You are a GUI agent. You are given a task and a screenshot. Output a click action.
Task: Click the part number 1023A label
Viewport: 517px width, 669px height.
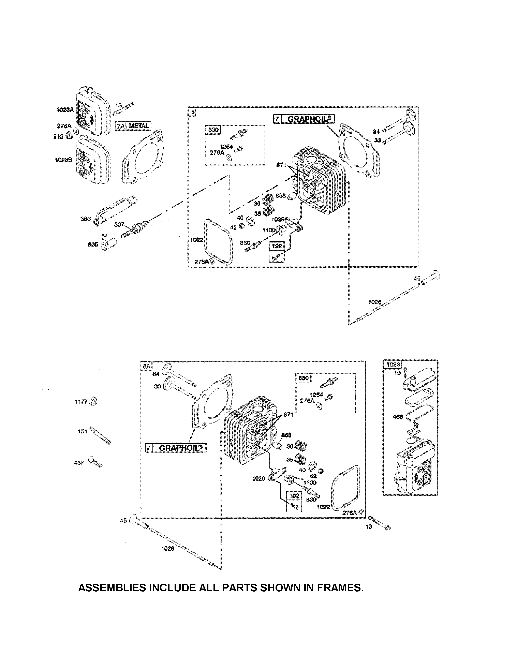click(65, 110)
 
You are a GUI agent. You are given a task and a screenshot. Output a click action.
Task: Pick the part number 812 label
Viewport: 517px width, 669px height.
click(58, 136)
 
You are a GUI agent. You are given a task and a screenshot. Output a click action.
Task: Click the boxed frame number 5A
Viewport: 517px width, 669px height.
click(146, 366)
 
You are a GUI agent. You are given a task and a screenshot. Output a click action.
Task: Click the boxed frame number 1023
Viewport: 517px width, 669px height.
click(393, 364)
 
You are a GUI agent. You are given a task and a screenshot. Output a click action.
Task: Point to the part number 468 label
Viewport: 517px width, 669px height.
click(398, 417)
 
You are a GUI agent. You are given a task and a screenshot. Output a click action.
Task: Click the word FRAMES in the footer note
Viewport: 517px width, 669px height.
click(340, 588)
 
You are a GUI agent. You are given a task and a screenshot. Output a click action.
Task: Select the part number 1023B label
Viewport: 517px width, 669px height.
click(63, 160)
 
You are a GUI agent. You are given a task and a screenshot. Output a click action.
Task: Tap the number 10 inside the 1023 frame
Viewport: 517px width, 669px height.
click(397, 373)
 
